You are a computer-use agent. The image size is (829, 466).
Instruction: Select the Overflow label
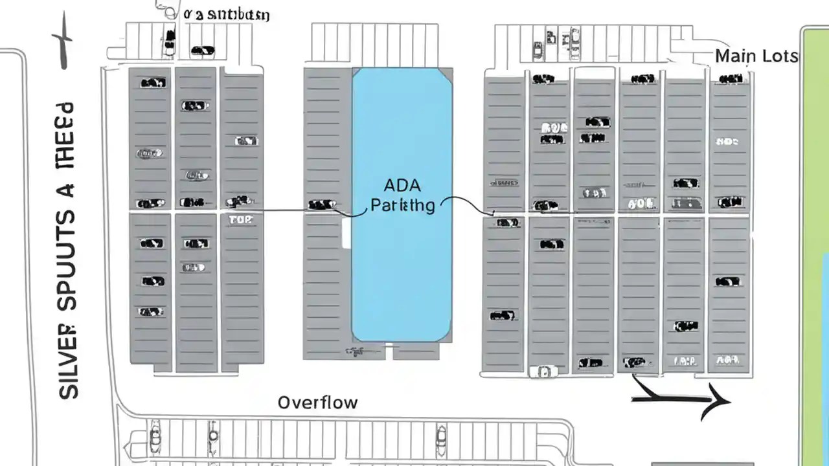click(317, 403)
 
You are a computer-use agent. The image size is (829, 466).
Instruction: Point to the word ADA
click(402, 186)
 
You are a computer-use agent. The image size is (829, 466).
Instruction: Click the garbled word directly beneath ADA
click(402, 206)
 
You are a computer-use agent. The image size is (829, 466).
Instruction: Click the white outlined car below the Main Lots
click(543, 372)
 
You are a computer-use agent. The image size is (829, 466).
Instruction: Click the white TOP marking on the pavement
click(241, 220)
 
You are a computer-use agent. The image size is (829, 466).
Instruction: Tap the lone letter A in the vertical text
click(67, 191)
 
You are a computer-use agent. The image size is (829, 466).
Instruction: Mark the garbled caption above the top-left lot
click(227, 14)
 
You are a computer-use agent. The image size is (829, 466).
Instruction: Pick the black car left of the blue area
click(322, 205)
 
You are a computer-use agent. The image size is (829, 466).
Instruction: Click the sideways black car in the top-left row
click(203, 50)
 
